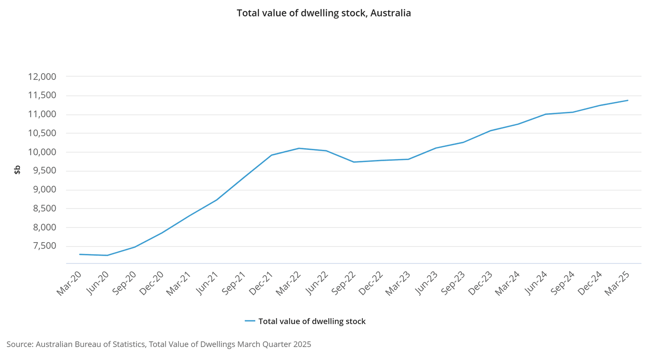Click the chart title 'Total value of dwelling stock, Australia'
click(324, 13)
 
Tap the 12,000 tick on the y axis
click(42, 77)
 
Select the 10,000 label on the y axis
click(42, 152)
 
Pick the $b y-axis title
click(17, 170)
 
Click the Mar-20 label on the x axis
click(69, 283)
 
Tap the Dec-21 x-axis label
click(261, 283)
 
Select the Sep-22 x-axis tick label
click(343, 283)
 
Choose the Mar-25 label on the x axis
click(618, 283)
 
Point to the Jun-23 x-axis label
click(426, 283)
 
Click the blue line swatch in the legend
click(250, 321)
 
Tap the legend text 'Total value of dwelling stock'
click(312, 321)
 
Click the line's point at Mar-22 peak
click(299, 148)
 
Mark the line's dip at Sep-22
click(354, 162)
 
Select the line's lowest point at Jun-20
click(107, 255)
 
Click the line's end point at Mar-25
click(628, 100)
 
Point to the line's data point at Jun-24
click(545, 114)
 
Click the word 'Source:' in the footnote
click(20, 344)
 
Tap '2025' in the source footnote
click(302, 344)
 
